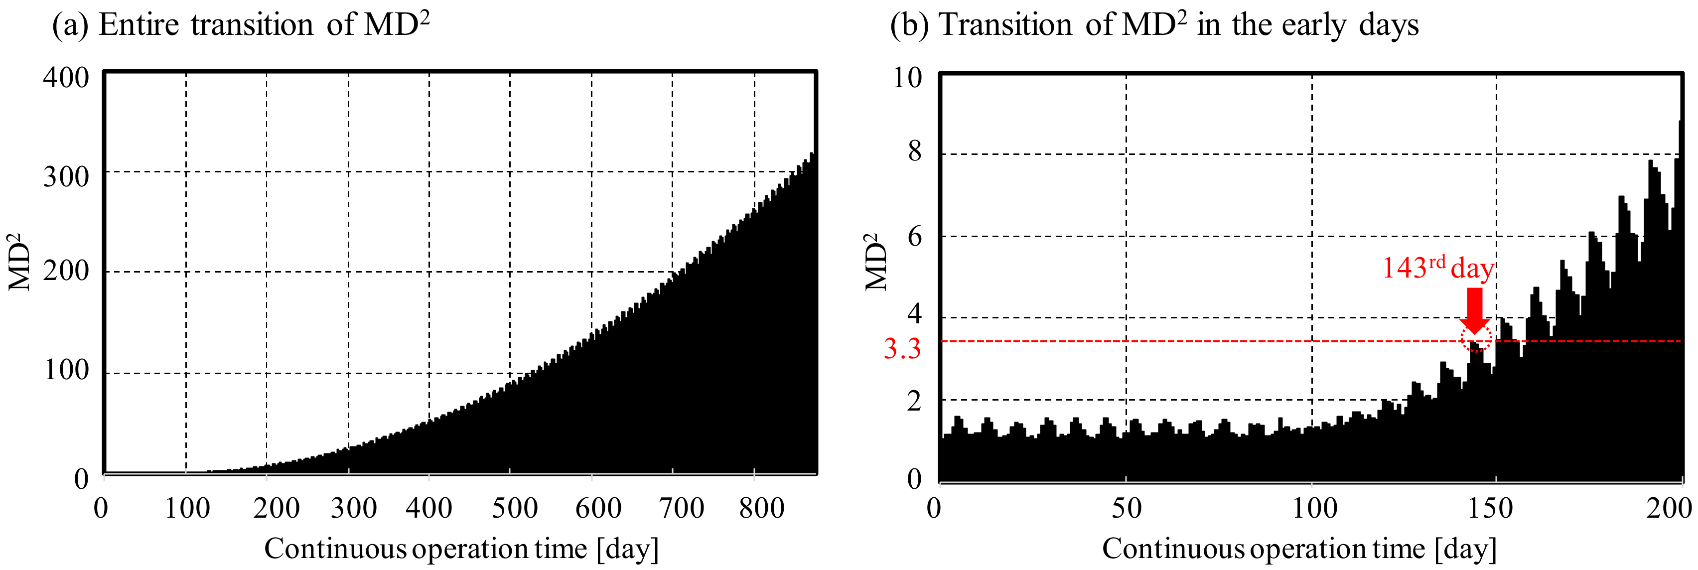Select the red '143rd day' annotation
click(1437, 268)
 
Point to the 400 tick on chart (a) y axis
click(66, 78)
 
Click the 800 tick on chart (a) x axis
click(761, 508)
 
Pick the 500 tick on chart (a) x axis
click(515, 508)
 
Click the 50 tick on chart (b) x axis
click(1127, 508)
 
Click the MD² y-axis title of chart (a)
click(20, 262)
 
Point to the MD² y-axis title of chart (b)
click(877, 262)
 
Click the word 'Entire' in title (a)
click(139, 25)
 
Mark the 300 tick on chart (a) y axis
click(66, 176)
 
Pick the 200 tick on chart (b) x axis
click(1668, 508)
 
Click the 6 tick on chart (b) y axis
click(914, 236)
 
